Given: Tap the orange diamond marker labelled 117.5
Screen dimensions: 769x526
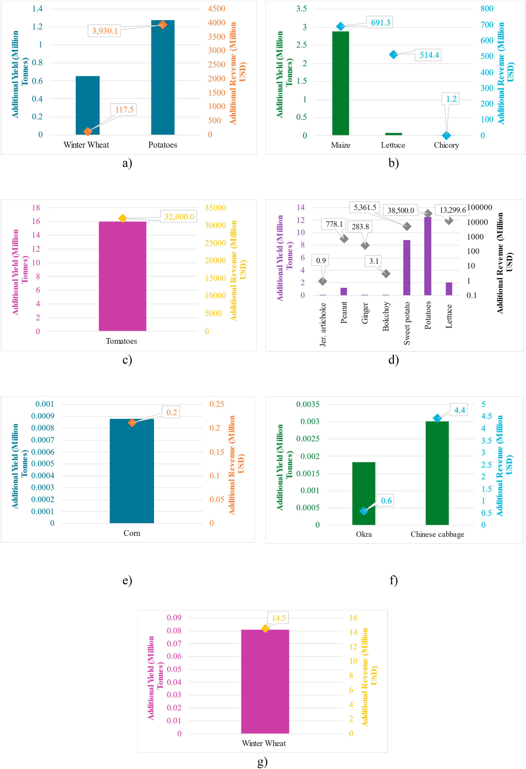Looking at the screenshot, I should (x=88, y=132).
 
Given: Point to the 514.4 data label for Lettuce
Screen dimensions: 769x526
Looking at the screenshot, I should (x=429, y=55).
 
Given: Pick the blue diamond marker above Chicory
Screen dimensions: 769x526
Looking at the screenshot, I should (x=446, y=135).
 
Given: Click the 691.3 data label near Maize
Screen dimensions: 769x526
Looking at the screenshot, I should (x=380, y=23).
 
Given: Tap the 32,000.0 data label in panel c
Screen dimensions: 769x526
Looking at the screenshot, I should (x=179, y=217).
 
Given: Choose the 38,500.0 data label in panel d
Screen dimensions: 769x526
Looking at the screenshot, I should (x=401, y=211).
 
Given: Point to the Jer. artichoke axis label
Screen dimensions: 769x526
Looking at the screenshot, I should (x=323, y=324).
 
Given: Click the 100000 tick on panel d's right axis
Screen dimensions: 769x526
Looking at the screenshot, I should (x=479, y=207).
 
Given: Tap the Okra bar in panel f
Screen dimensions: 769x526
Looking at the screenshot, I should (x=363, y=493).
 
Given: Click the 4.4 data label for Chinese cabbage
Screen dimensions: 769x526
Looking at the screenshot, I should (x=460, y=410).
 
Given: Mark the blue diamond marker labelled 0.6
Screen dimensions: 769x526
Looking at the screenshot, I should (x=363, y=511).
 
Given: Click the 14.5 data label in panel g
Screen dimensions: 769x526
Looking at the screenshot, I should (x=278, y=618).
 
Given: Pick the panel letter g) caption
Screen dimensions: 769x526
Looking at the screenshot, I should (x=262, y=762).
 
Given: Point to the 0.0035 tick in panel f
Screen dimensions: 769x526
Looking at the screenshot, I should (x=308, y=404).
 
